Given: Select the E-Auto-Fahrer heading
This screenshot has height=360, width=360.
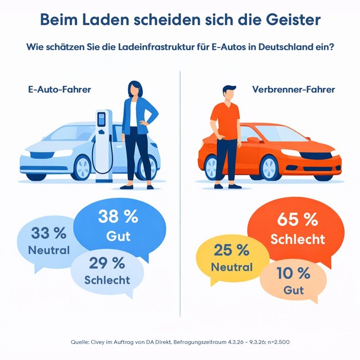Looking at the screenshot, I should click(x=59, y=90).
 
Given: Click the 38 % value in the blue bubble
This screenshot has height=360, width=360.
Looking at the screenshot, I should click(x=118, y=217).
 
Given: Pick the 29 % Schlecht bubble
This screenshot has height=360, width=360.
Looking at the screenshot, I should click(x=107, y=271).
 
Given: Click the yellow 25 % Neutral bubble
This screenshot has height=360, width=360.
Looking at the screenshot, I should click(x=231, y=258).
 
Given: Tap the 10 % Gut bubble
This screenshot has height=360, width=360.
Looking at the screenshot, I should click(x=293, y=281).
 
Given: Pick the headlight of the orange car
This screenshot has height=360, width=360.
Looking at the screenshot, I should click(x=290, y=153).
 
